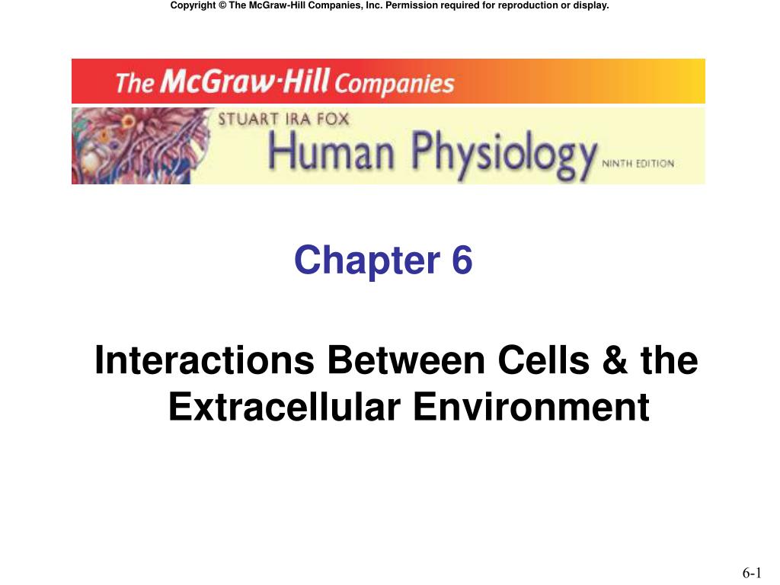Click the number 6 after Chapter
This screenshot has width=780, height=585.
[462, 261]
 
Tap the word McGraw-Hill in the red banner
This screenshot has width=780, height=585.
[239, 81]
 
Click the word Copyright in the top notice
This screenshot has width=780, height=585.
[196, 6]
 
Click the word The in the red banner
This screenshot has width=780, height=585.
[134, 82]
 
